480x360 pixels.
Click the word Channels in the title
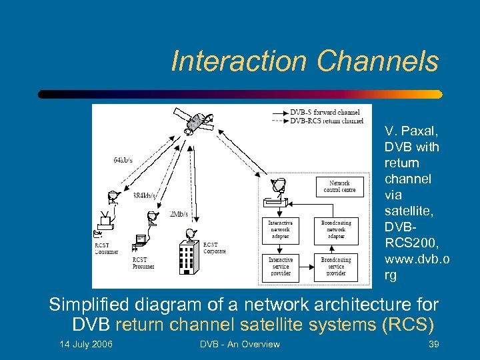[378, 61]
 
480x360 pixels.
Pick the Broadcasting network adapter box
[336, 229]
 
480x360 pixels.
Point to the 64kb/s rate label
[122, 160]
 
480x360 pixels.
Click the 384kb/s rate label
[145, 195]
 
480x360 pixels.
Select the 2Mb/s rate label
[179, 213]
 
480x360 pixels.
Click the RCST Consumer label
[107, 248]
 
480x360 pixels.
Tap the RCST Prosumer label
[143, 263]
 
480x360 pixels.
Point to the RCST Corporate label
[215, 248]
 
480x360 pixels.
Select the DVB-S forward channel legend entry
[325, 112]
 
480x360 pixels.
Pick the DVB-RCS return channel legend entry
[326, 121]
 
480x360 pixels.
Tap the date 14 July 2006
[86, 344]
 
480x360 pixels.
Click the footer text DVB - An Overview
[240, 344]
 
